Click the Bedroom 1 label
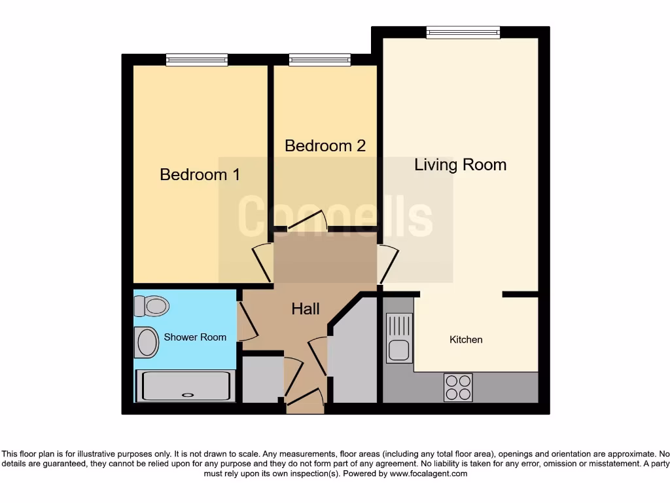(x=200, y=175)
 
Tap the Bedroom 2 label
(x=325, y=145)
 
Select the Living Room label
(x=460, y=164)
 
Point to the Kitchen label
(x=466, y=339)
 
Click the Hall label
(x=306, y=308)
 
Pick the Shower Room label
(x=195, y=337)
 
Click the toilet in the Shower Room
(x=151, y=306)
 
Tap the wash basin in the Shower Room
(x=147, y=342)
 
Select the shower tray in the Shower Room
(x=185, y=386)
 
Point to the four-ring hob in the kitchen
(x=458, y=386)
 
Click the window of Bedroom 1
(x=197, y=60)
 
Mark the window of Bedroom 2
(x=320, y=60)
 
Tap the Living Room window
(x=463, y=32)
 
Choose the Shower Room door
(x=245, y=320)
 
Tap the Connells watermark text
(x=335, y=217)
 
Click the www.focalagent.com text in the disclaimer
(x=429, y=474)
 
